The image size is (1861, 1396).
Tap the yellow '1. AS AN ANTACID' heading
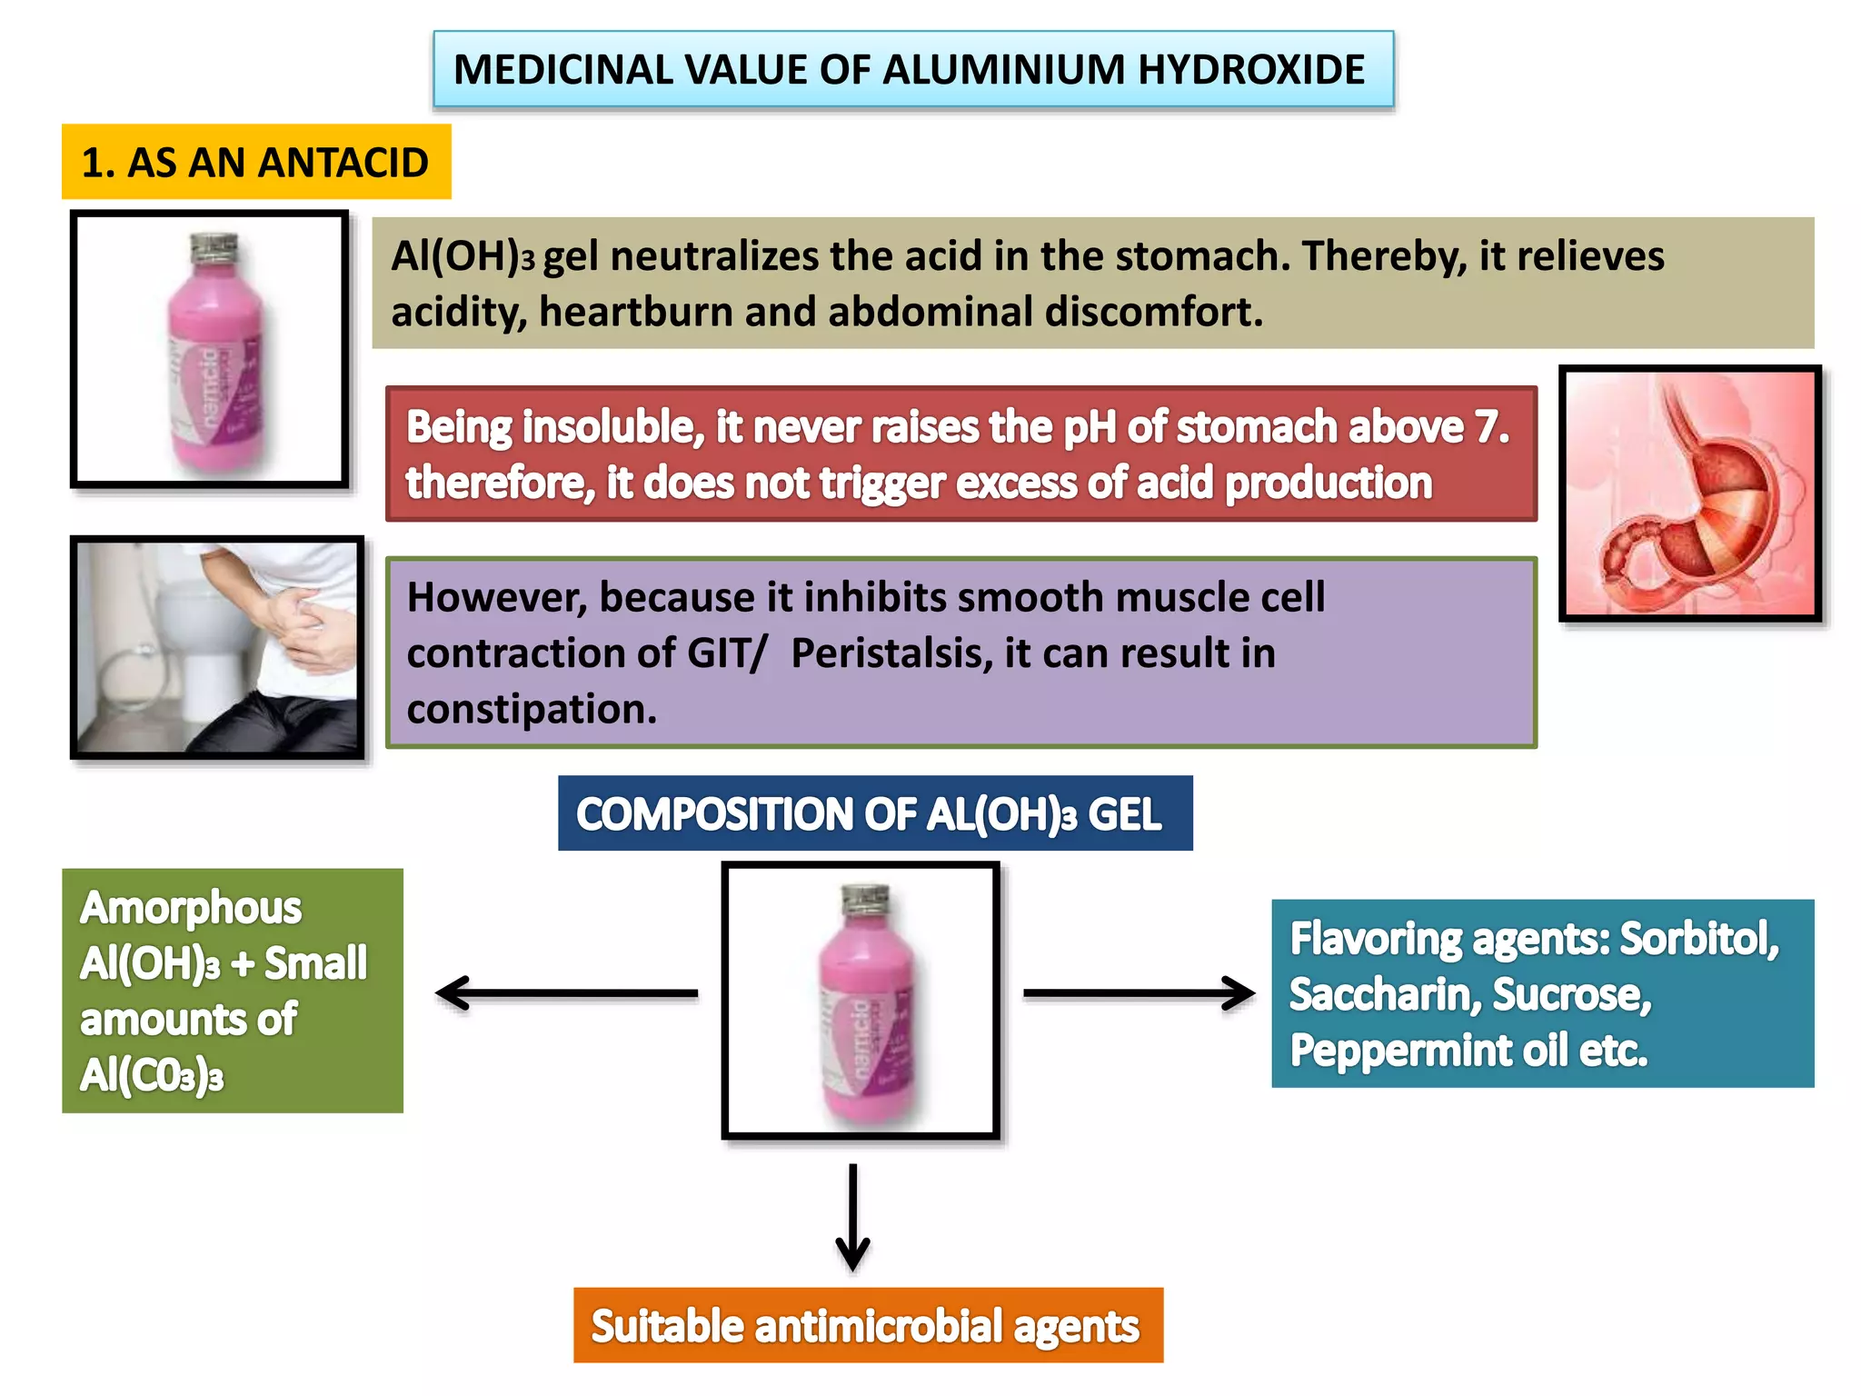click(x=255, y=163)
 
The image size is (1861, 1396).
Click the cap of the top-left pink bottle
click(x=214, y=246)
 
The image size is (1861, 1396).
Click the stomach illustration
click(x=1690, y=494)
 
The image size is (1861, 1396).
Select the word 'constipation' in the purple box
click(x=531, y=709)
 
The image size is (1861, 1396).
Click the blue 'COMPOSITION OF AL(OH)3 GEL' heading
click(x=874, y=813)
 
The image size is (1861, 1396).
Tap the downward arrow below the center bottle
click(x=852, y=1218)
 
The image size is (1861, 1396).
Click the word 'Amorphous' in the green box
click(x=191, y=908)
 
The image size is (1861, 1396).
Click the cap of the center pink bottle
click(x=864, y=899)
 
